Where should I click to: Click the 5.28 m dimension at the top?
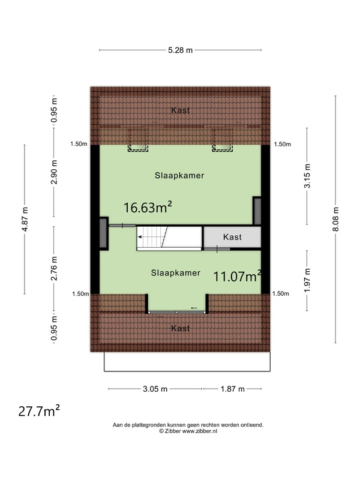(181, 50)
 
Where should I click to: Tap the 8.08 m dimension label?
(336, 219)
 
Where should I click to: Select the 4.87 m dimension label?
(25, 219)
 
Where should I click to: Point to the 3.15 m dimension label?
(307, 176)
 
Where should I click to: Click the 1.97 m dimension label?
(307, 280)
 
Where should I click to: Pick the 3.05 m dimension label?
(155, 389)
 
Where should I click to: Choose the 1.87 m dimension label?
(233, 389)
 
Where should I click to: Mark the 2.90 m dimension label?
(54, 172)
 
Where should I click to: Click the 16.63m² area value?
(148, 207)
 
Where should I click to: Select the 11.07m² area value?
(237, 276)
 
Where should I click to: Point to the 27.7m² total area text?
(39, 411)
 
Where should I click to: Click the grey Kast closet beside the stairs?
(232, 237)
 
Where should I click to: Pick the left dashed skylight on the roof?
(138, 140)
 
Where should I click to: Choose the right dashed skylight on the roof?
(223, 140)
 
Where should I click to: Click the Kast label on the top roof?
(181, 110)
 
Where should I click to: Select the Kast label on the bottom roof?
(181, 328)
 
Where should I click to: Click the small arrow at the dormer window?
(194, 308)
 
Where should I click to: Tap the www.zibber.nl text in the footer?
(200, 431)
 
